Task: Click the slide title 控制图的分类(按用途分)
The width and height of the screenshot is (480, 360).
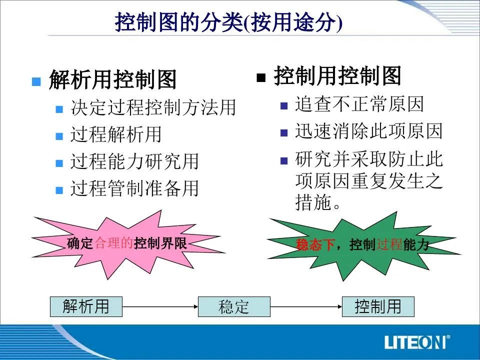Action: tap(228, 22)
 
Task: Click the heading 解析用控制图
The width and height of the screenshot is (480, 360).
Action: tap(113, 79)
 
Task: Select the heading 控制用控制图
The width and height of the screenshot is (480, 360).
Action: tap(337, 75)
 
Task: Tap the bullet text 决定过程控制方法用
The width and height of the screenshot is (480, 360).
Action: tap(153, 107)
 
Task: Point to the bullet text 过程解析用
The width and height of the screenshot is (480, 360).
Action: tap(115, 134)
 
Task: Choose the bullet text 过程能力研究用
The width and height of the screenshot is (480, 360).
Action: tap(134, 161)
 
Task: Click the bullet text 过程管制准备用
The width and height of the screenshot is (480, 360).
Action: tap(134, 188)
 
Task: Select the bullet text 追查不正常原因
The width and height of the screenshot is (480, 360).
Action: tap(359, 104)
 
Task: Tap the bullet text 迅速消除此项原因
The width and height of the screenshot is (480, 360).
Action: tap(369, 131)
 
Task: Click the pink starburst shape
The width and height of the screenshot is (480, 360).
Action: tap(128, 244)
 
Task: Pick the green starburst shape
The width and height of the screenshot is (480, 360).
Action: tap(363, 246)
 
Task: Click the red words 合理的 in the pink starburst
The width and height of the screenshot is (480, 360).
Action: tap(114, 243)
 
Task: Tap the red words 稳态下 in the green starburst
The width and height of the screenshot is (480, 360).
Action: tap(314, 245)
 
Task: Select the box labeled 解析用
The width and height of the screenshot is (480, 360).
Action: tap(86, 306)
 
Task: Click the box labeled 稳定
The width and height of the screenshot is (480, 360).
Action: tap(234, 306)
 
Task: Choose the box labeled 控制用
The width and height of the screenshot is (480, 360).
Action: tap(378, 306)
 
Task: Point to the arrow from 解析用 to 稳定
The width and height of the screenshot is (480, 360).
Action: tap(160, 306)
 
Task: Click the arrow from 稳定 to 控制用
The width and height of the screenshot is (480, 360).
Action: tap(306, 306)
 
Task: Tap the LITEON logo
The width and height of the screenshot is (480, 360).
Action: tap(417, 342)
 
